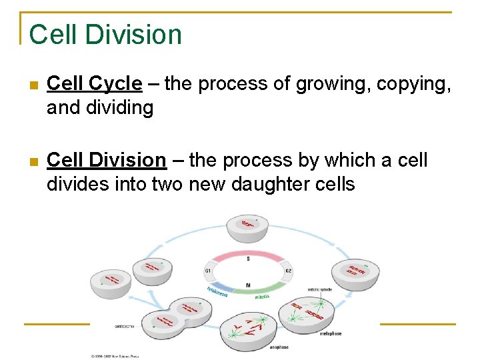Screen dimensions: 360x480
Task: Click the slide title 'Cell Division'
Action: tap(105, 35)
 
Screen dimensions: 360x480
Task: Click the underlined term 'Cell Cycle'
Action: tap(95, 84)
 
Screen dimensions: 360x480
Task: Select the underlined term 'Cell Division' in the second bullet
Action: tap(107, 161)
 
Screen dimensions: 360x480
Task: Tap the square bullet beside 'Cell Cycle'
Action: tap(34, 85)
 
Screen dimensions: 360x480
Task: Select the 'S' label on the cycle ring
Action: tap(248, 258)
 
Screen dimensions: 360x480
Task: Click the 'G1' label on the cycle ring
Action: tap(208, 271)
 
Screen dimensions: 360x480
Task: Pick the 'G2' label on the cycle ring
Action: tap(289, 271)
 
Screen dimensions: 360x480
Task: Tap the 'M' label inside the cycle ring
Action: tap(248, 285)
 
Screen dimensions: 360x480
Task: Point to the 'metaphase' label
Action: tap(331, 333)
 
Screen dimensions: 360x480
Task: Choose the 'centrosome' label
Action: tap(124, 327)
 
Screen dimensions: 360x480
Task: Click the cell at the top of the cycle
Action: tap(247, 227)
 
